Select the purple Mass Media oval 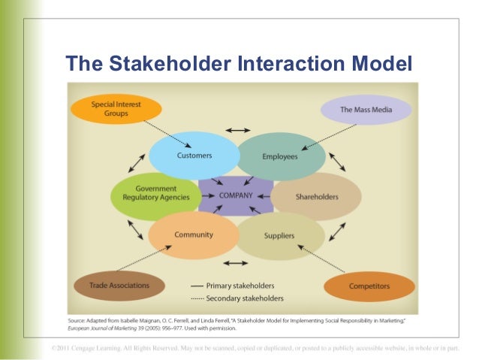point(366,110)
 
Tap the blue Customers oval point(194,156)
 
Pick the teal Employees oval point(281,156)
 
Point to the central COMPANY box point(236,195)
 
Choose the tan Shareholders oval point(315,197)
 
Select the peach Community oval point(194,235)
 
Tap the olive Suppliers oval point(279,236)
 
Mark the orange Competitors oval point(369,286)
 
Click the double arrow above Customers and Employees point(238,131)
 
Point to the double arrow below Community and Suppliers point(236,263)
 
